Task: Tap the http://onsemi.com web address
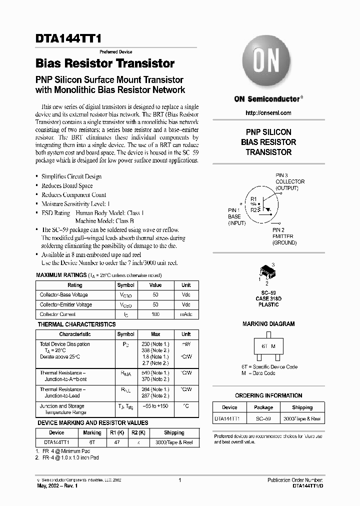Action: click(268, 113)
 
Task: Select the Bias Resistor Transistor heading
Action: click(105, 63)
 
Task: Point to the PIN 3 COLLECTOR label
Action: click(289, 181)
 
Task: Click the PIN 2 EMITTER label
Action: click(284, 236)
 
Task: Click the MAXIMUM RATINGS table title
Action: click(60, 275)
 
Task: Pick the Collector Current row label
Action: click(58, 314)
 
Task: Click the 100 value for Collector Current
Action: click(155, 314)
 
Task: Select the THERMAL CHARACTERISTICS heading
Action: click(76, 324)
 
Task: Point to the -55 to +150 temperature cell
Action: click(155, 406)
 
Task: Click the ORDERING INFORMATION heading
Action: click(268, 395)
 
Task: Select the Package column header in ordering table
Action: click(263, 407)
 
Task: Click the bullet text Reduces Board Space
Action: click(67, 185)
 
